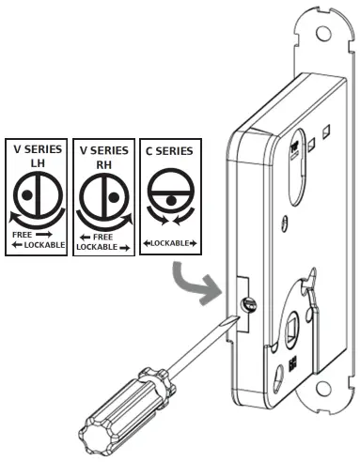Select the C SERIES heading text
point(169,150)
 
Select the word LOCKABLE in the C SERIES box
point(169,244)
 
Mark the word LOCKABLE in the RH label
point(98,248)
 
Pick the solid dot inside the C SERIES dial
point(169,200)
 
